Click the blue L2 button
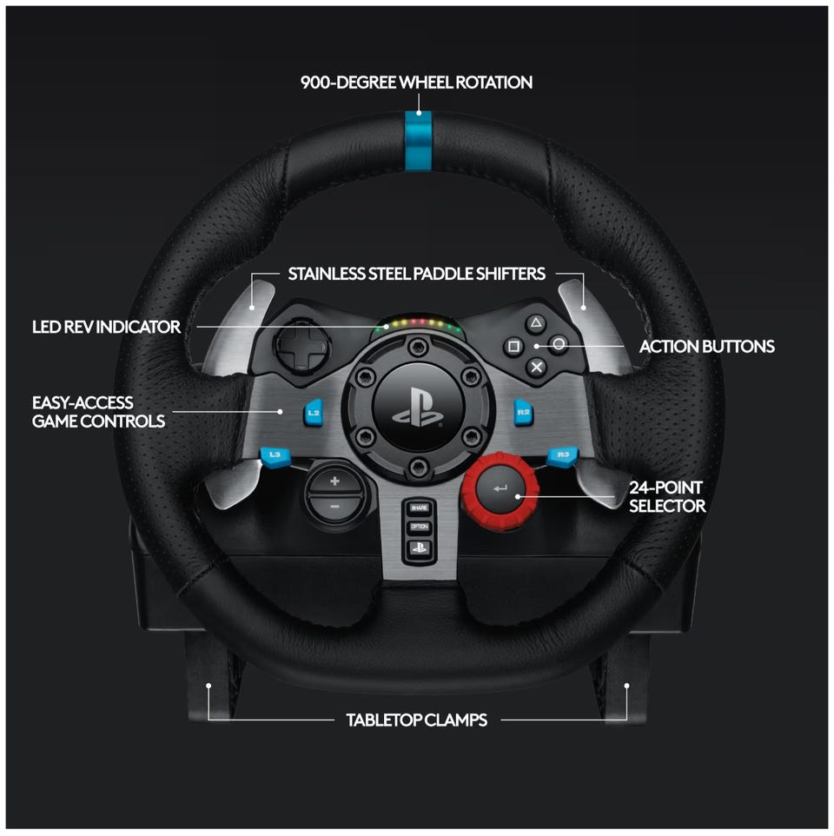pos(314,413)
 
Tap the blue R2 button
pos(523,412)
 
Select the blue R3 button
pos(562,456)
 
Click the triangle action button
pos(535,323)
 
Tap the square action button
pos(513,347)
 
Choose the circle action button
pos(558,344)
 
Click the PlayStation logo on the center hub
pos(419,408)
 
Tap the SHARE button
pos(419,508)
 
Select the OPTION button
pos(419,527)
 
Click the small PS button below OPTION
pos(419,547)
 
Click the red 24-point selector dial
pos(500,489)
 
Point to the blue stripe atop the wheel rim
pos(419,142)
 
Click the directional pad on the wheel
pos(301,347)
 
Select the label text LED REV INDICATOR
pos(106,327)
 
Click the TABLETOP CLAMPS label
pos(417,720)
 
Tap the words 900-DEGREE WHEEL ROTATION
pos(417,82)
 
